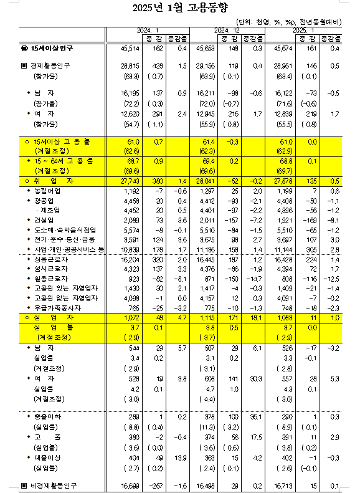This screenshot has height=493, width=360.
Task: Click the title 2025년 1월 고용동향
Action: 181,9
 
